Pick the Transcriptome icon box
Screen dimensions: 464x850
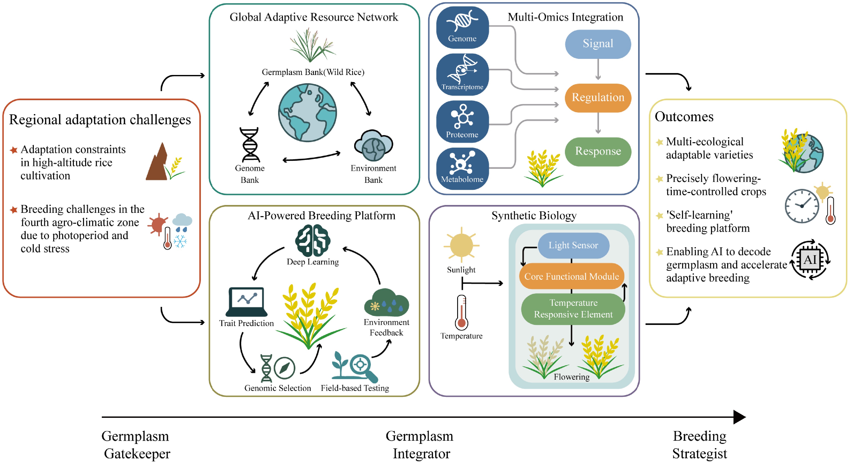pos(462,75)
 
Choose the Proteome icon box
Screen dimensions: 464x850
pos(462,122)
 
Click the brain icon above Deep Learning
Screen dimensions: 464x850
pos(312,240)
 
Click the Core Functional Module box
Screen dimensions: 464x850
pos(571,276)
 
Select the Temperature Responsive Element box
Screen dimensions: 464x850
pos(573,309)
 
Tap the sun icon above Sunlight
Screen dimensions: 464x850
pos(461,245)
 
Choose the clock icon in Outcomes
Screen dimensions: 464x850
pos(802,206)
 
